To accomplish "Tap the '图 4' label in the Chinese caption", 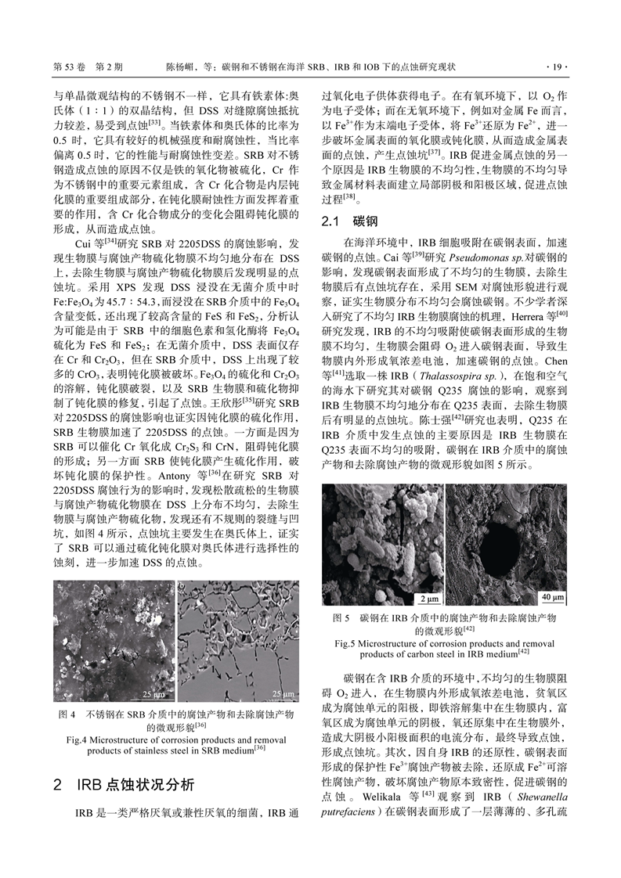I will (x=67, y=714).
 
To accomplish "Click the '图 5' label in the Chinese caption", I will (x=340, y=617).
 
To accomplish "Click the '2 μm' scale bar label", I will (x=427, y=599).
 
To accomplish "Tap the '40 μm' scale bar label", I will (x=553, y=599).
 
